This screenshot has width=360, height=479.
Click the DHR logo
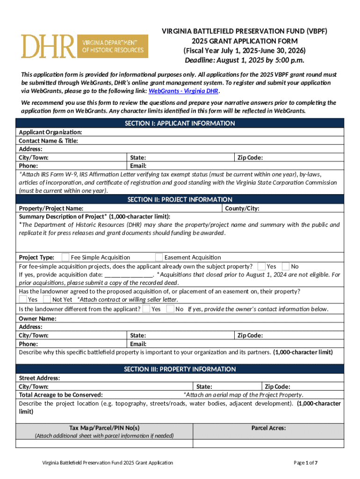pos(84,46)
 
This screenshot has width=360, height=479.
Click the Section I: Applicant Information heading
pos(180,123)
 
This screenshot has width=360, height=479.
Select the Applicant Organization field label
pos(50,132)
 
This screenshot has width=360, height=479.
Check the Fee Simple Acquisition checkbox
pos(65,257)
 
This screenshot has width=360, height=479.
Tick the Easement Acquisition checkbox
pos(159,257)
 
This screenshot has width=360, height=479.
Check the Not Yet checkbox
pos(47,299)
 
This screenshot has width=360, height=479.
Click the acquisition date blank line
pos(129,275)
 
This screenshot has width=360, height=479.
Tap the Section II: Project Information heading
pos(180,200)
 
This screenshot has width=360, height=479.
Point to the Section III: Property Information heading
pos(180,369)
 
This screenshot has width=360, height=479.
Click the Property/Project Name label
pos(51,208)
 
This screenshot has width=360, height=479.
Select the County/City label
pos(242,208)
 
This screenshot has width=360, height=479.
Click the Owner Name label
pos(37,319)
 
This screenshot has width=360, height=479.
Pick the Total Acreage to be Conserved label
pos(61,395)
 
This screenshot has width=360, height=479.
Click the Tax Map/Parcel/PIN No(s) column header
pos(104,428)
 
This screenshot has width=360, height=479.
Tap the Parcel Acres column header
pos(268,428)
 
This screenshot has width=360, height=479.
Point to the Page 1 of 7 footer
pos(306,463)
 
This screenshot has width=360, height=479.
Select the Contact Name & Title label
pos(48,141)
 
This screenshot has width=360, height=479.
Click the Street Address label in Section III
pos(39,378)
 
